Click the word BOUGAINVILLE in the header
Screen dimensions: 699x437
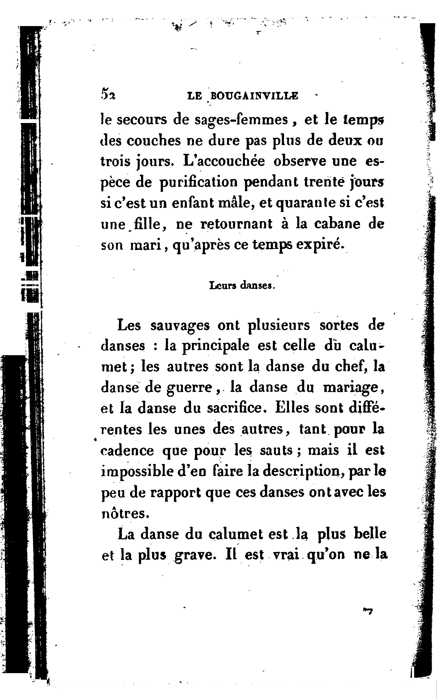(254, 96)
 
